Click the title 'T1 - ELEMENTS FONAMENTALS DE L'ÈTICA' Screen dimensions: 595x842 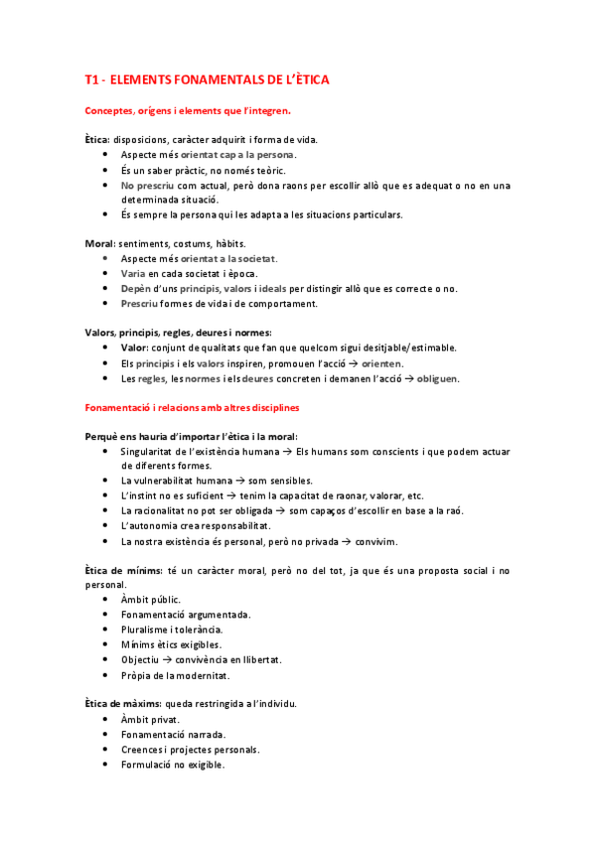(207, 78)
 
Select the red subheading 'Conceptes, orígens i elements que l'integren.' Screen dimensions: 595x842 (188, 111)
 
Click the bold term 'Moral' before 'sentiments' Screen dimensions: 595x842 (100, 243)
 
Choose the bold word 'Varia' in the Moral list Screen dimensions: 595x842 (132, 273)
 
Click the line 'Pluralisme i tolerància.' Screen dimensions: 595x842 (171, 630)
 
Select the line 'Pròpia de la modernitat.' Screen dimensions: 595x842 (175, 675)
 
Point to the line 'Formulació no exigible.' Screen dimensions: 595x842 (172, 765)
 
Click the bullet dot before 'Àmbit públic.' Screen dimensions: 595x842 (106, 600)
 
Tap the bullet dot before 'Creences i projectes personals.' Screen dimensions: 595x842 (106, 750)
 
